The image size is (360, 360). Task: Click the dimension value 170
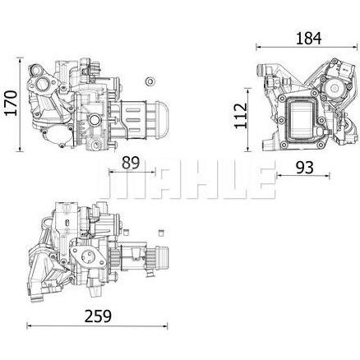[11, 103]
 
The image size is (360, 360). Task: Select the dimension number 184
[308, 38]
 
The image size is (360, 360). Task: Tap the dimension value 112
[241, 115]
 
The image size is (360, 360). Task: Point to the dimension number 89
[131, 163]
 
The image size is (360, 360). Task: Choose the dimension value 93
[304, 167]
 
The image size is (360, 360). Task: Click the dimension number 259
[98, 316]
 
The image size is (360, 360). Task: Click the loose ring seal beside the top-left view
[150, 81]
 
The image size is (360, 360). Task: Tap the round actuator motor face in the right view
[335, 88]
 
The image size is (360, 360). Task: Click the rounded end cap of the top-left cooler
[161, 118]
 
